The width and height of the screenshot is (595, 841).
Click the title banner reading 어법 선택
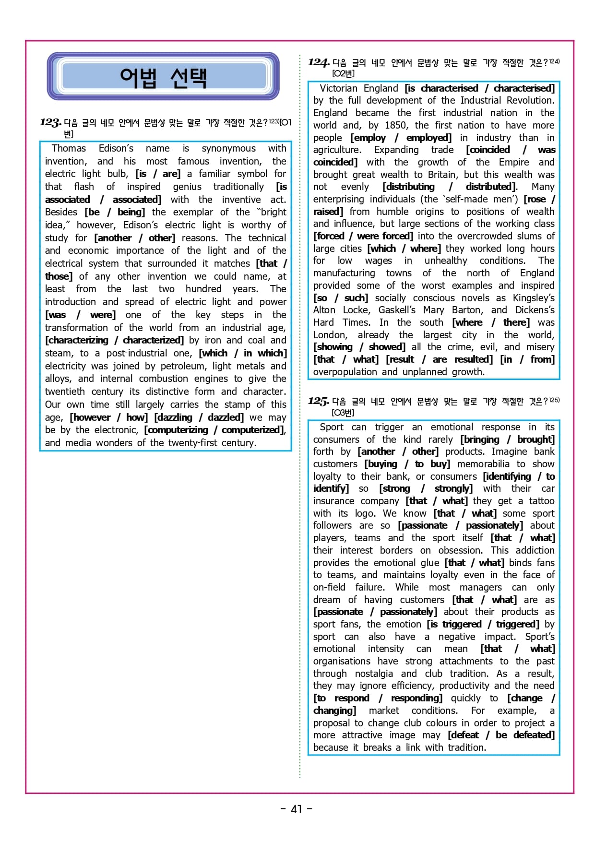[x=163, y=77]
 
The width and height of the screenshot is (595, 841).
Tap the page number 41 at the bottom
[x=297, y=809]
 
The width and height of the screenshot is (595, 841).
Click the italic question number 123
[x=50, y=122]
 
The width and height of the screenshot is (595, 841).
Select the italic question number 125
[x=318, y=401]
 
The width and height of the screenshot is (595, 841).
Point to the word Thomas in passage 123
[x=69, y=148]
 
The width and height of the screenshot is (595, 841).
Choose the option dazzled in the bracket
[x=226, y=417]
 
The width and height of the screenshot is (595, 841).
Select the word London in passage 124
[x=329, y=335]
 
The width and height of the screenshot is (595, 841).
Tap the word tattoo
[x=541, y=501]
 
